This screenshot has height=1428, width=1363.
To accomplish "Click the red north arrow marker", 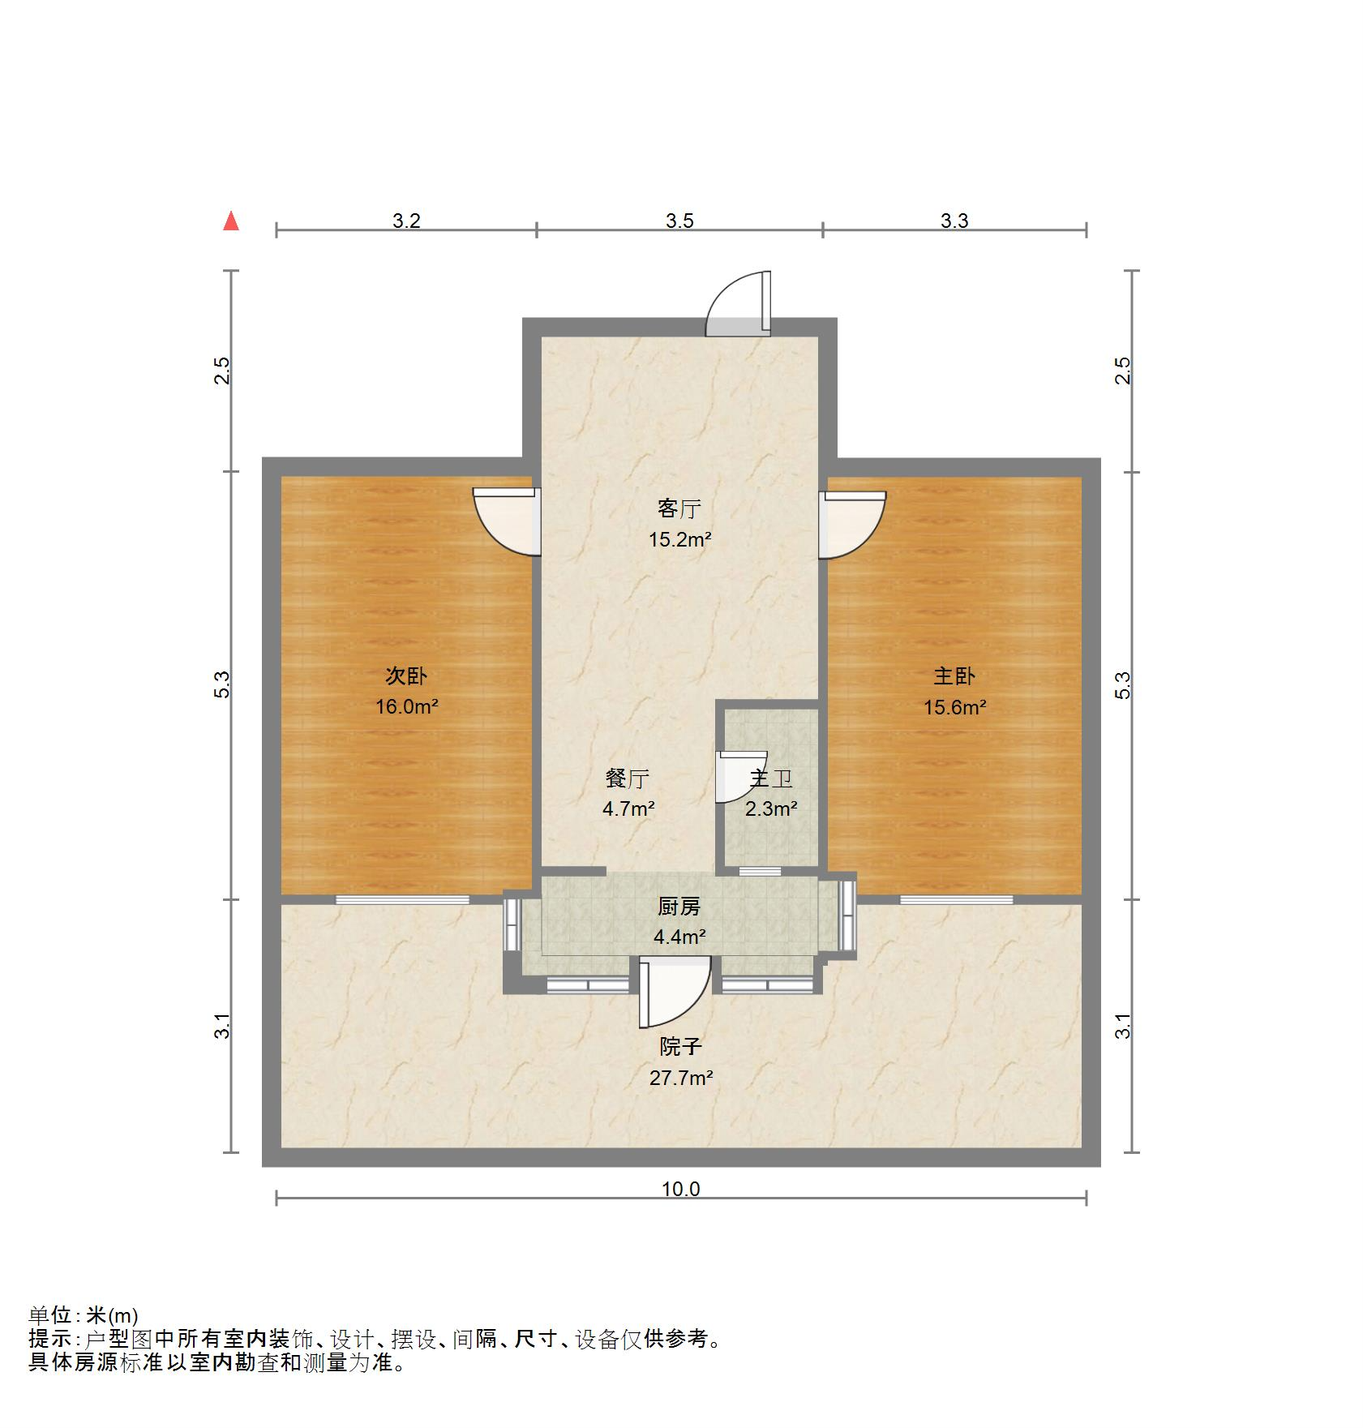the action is click(x=231, y=221).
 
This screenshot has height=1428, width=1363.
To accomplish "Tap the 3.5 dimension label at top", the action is click(x=679, y=221).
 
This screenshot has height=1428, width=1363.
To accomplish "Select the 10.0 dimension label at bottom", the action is click(x=680, y=1190).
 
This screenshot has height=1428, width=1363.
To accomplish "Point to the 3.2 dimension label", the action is click(x=406, y=221).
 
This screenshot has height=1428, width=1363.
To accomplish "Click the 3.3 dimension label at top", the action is click(x=954, y=221).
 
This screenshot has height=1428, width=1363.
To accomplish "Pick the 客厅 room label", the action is click(x=679, y=508).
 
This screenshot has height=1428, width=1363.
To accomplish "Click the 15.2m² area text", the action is click(x=679, y=539).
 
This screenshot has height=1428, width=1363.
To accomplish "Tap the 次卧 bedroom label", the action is click(x=406, y=675).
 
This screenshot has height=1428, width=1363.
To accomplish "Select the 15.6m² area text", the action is click(x=955, y=707).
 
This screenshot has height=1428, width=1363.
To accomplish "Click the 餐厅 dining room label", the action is click(x=628, y=778).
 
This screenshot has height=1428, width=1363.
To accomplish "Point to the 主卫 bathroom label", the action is click(x=770, y=778).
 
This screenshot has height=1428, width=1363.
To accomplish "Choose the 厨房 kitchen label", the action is click(x=679, y=907).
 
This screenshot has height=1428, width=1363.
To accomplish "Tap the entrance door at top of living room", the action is click(x=738, y=303).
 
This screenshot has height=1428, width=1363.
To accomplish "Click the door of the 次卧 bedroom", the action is click(x=508, y=521).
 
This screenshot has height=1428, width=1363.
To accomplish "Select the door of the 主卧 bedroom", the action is click(x=852, y=524).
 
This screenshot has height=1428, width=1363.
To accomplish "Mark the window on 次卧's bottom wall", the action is click(x=403, y=899).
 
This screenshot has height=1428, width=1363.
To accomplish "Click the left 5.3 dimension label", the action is click(x=223, y=685).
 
